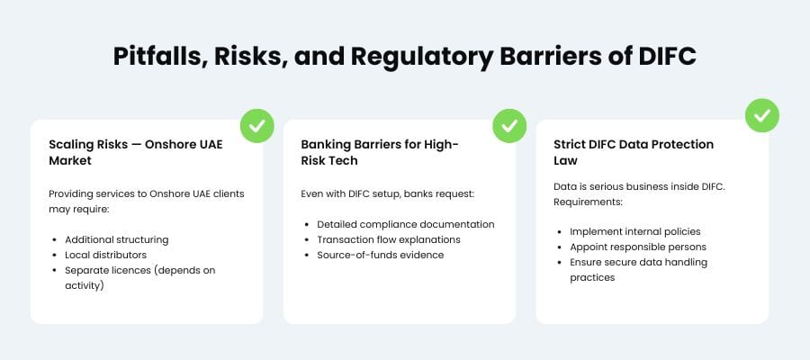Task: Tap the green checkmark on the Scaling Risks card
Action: [256, 126]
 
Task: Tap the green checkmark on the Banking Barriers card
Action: [509, 126]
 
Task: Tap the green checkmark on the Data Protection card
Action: [762, 115]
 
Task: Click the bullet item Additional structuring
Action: [116, 239]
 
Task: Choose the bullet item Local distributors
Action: [105, 255]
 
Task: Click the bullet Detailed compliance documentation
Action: [405, 224]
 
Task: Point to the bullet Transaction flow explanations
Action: [389, 239]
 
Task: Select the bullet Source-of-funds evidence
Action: [381, 255]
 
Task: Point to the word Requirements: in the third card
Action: [586, 202]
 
